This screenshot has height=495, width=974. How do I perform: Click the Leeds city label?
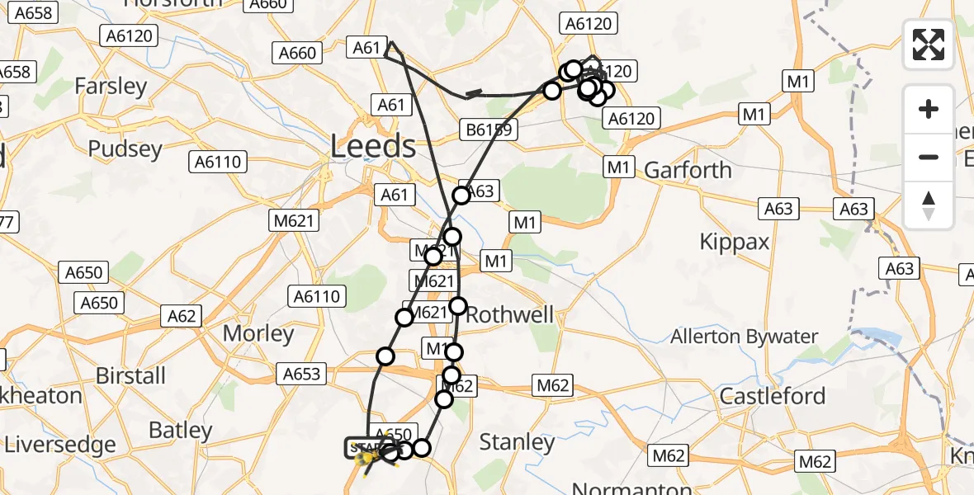pyautogui.click(x=373, y=147)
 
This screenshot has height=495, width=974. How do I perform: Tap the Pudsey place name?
pyautogui.click(x=125, y=148)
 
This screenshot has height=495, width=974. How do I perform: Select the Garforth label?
pyautogui.click(x=688, y=171)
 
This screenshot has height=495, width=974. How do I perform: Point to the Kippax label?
pyautogui.click(x=734, y=242)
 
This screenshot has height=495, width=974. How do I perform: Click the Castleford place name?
pyautogui.click(x=773, y=396)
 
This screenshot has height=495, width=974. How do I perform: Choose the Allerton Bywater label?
pyautogui.click(x=744, y=337)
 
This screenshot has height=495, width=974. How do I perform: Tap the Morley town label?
pyautogui.click(x=259, y=334)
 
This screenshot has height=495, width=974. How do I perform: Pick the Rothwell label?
pyautogui.click(x=509, y=315)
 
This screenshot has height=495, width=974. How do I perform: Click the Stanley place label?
pyautogui.click(x=517, y=442)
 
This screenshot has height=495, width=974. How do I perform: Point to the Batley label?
pyautogui.click(x=181, y=431)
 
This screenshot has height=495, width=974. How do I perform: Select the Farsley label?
pyautogui.click(x=111, y=86)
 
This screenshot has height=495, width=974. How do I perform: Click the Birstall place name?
pyautogui.click(x=130, y=375)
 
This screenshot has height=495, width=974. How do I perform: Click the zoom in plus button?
pyautogui.click(x=929, y=109)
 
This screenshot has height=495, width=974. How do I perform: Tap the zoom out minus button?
pyautogui.click(x=929, y=157)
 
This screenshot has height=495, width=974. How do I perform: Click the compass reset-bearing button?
pyautogui.click(x=929, y=205)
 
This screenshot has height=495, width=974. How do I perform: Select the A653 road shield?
pyautogui.click(x=301, y=374)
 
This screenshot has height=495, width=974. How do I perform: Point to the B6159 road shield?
pyautogui.click(x=487, y=130)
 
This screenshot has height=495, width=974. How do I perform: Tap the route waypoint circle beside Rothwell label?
pyautogui.click(x=458, y=306)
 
